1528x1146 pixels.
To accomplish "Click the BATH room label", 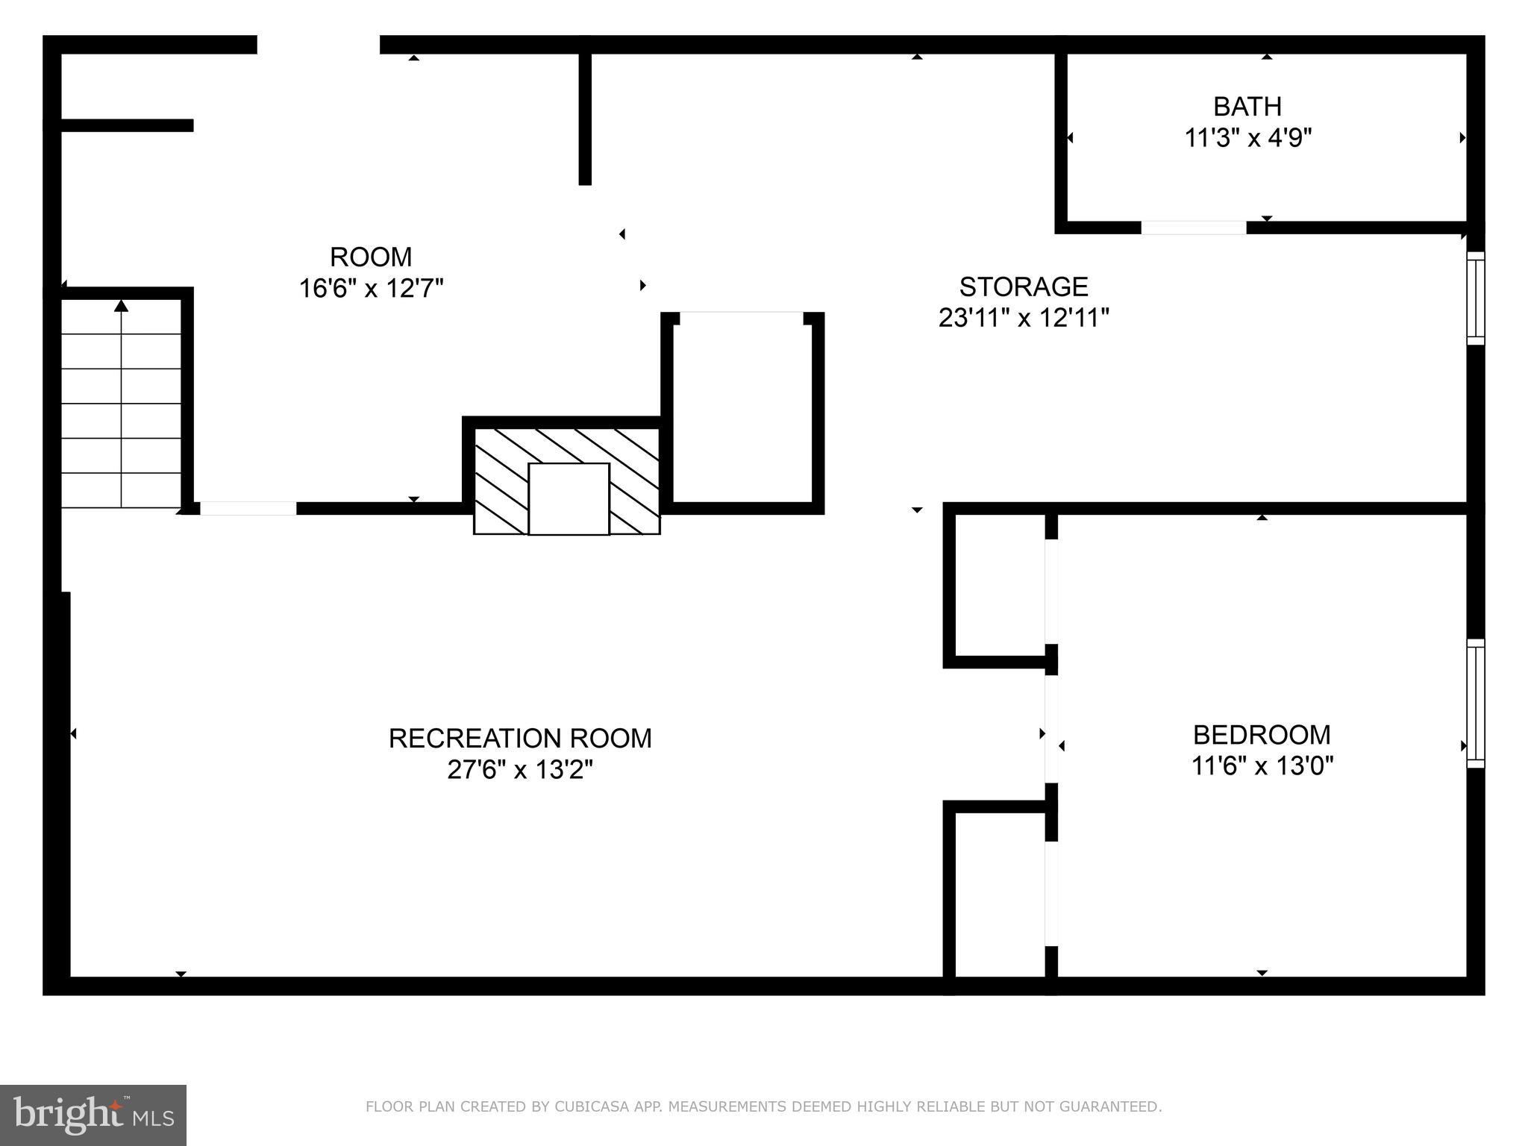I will coord(1247,107).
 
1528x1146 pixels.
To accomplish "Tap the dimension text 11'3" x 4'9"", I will coord(1247,138).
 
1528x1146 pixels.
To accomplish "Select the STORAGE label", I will coord(1023,286).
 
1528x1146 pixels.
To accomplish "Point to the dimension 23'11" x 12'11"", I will coord(1023,318).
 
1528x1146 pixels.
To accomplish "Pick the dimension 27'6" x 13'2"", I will coord(520,769).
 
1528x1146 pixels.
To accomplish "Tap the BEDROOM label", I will coord(1261,735).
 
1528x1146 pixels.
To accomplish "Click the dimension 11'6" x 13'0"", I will coord(1262,766).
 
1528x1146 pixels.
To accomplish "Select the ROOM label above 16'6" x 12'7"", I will coord(371,257).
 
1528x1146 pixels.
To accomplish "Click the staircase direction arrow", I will coord(122,305).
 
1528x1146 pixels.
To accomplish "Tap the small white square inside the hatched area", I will coord(569,498).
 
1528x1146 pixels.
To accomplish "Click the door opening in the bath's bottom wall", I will coord(1193,228).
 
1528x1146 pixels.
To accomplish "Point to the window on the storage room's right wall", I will coord(1475,298).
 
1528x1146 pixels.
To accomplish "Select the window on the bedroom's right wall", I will coord(1475,703).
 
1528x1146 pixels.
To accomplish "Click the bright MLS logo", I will coord(93,1115).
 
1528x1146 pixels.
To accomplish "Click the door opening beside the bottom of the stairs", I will coord(248,509).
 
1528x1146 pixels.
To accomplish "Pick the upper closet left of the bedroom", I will coord(1000,586).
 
